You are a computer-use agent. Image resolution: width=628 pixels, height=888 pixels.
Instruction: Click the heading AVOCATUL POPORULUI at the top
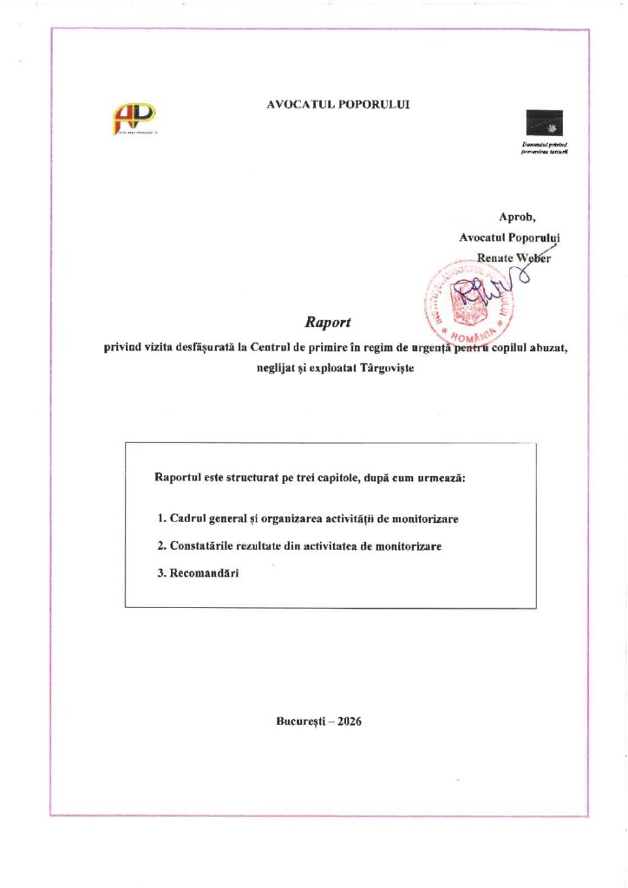(338, 104)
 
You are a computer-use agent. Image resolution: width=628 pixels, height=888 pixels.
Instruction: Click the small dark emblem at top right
(544, 124)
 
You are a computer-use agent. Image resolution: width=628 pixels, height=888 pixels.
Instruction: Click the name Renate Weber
(514, 257)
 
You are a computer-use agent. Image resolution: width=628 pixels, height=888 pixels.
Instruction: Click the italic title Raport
(327, 323)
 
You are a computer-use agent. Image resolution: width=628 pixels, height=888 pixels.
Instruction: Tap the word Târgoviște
(388, 368)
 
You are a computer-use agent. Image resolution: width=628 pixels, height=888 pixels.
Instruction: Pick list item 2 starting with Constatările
(299, 547)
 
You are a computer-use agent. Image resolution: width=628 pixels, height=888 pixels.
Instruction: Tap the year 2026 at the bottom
(350, 721)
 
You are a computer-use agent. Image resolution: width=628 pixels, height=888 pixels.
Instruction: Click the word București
(301, 721)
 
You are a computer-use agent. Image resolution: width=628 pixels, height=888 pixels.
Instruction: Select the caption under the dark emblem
(544, 147)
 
